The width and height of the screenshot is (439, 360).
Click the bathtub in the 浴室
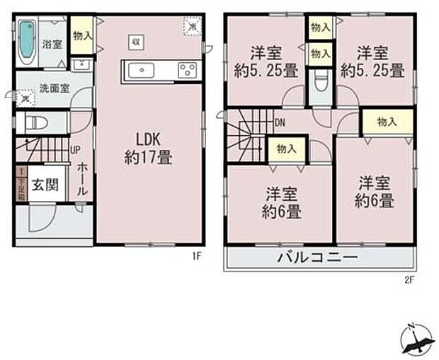pos(27,41)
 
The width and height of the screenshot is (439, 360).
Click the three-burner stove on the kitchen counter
pos(188,70)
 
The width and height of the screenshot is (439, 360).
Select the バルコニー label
pos(318,257)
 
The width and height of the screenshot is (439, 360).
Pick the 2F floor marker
pos(409,278)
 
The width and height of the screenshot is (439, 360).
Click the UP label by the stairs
pos(75,149)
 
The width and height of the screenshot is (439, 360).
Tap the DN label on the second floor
pos(280,122)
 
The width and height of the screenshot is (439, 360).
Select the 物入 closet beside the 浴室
pos(81,36)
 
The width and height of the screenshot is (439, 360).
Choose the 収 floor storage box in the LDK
pos(134,42)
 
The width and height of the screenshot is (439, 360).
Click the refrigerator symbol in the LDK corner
pos(192,26)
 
